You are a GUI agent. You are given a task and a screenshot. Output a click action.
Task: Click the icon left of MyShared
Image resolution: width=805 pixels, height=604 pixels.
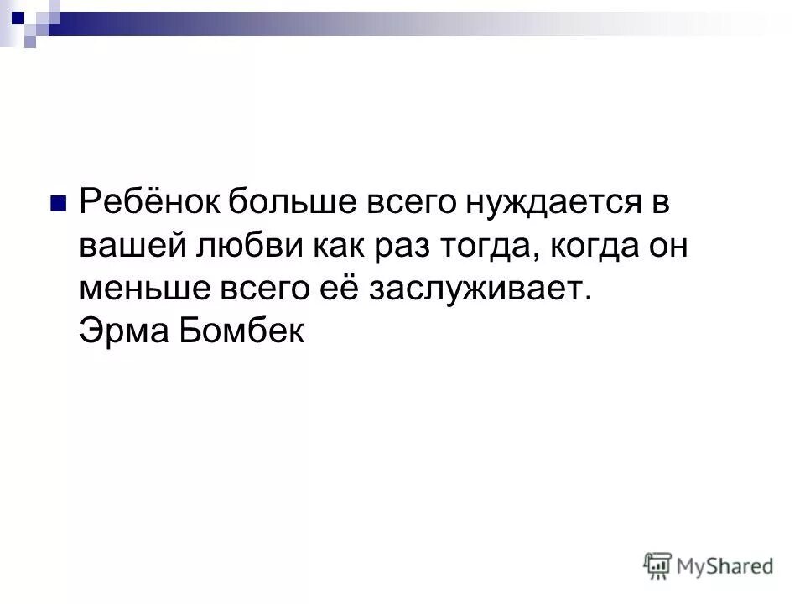[x=658, y=565]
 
